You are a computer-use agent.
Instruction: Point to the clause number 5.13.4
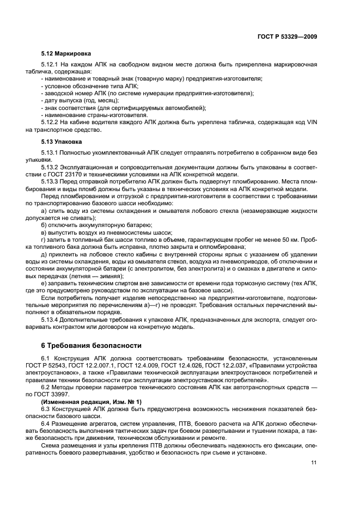52,320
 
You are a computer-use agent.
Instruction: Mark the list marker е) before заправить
45,282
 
